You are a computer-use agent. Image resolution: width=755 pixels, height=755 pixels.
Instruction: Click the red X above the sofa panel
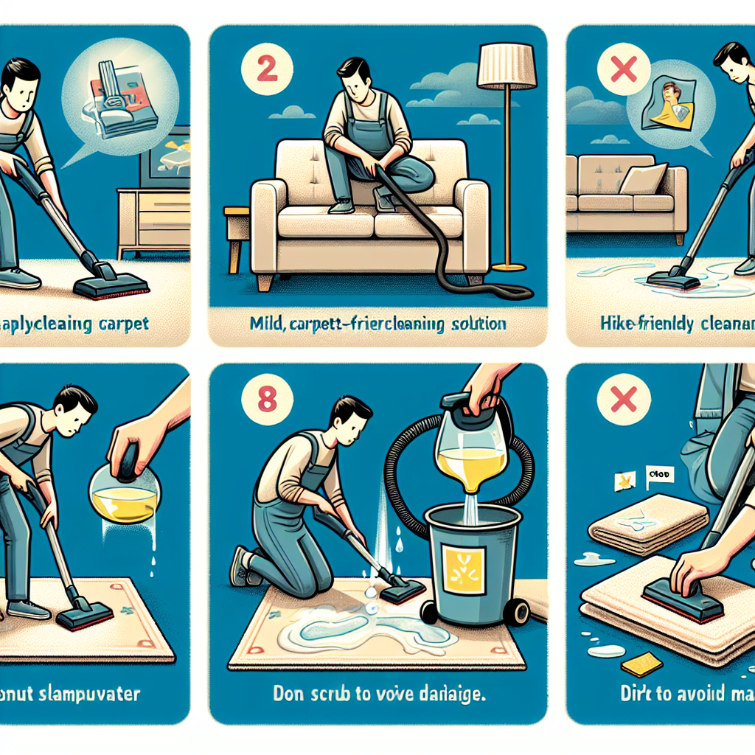624,70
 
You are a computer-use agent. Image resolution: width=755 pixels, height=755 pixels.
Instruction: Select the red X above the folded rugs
624,401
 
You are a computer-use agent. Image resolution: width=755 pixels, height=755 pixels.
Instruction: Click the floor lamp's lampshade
507,65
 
